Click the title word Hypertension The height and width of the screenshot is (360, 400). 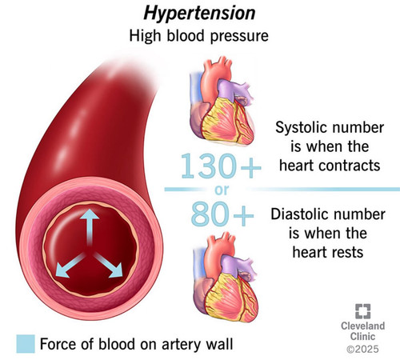coord(199,14)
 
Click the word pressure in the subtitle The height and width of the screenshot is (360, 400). coord(239,37)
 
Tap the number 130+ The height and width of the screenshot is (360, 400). coord(221,166)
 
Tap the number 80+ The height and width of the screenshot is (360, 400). coord(222,214)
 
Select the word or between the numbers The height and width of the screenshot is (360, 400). coord(222,190)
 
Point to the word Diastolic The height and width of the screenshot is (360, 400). coord(298,214)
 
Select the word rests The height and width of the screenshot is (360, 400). coord(346,252)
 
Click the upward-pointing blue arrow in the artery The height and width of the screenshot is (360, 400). coord(90,226)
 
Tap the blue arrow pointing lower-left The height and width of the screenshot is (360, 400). coord(70,266)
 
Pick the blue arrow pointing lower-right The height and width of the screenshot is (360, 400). coord(109,266)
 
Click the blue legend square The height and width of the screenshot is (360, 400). coord(26,344)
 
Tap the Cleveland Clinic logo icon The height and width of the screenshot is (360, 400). coord(363,311)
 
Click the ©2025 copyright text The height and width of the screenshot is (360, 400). coord(362,349)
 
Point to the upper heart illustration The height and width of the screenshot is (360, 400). coord(222,102)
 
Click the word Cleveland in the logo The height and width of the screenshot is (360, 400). coord(363,326)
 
